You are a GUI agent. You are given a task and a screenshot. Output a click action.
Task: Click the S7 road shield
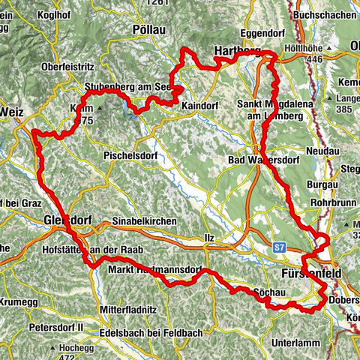(280, 245)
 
